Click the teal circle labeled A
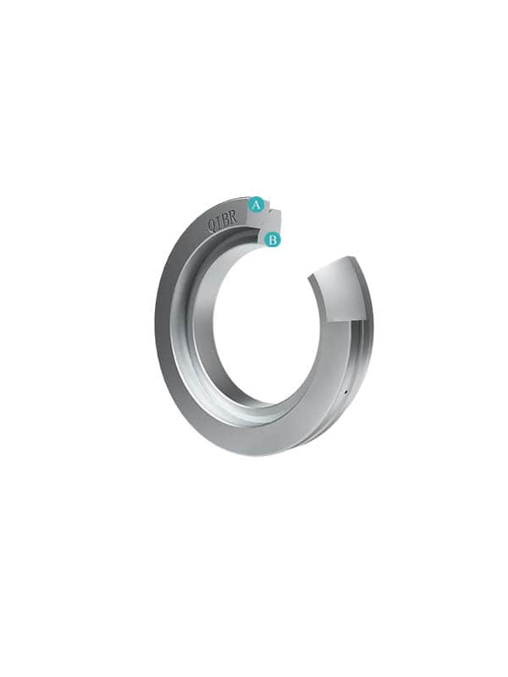coord(257,204)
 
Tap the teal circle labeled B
coord(272,239)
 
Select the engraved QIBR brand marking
coord(223,221)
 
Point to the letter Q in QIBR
coord(213,226)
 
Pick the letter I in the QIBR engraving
coord(219,223)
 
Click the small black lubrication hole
coord(345,393)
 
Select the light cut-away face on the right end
coord(340,289)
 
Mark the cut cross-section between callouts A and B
coord(267,222)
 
